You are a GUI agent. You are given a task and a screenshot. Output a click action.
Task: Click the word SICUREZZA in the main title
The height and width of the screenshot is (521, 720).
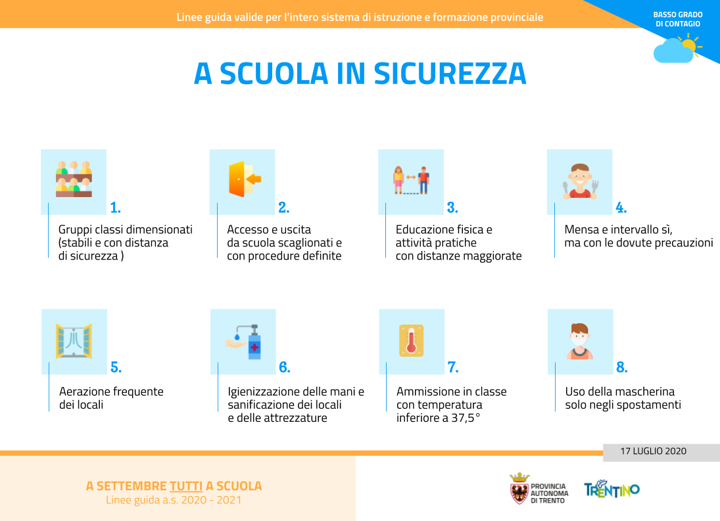pos(450,74)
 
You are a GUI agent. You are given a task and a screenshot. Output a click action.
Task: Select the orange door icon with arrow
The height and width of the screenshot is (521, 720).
pos(245,179)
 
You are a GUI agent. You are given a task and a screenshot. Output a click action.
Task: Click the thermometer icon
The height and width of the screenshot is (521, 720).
pos(412,340)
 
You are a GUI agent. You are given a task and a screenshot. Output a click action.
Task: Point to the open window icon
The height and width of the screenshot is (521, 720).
pos(74,341)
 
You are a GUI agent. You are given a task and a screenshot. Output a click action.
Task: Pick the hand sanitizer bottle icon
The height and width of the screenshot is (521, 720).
pos(244,342)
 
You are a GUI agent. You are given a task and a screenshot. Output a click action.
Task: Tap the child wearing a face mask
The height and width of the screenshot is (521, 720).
pos(579,341)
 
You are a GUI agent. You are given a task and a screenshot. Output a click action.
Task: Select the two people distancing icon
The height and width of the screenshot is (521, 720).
pos(411,180)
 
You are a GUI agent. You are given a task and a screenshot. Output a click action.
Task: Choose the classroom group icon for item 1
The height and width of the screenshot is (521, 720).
pos(74,179)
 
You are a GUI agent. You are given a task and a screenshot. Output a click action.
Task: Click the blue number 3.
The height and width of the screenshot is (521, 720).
pos(452,208)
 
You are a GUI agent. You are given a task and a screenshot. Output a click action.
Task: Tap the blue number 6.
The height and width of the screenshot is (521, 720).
pos(284,367)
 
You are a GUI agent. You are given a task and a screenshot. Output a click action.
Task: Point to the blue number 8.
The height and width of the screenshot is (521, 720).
pos(622,367)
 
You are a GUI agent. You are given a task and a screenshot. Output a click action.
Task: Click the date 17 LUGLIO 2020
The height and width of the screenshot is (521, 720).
pos(653,451)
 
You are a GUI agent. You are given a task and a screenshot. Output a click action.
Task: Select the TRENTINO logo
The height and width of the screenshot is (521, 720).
pos(612,490)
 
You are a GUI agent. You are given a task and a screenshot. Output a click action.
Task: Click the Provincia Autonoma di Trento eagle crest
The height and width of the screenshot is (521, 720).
pos(519,489)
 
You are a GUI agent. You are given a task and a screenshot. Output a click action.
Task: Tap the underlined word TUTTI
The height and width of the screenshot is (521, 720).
pos(186,486)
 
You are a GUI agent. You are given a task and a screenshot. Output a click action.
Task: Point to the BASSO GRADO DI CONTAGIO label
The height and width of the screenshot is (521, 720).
pos(678,19)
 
